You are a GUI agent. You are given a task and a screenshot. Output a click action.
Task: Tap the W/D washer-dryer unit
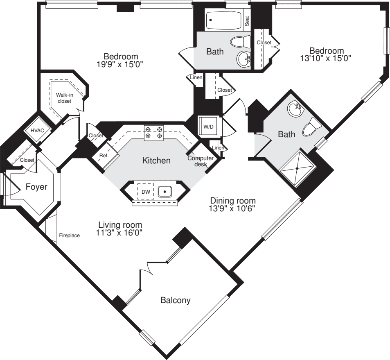(x=209, y=126)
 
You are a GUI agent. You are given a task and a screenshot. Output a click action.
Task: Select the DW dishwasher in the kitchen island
(x=146, y=191)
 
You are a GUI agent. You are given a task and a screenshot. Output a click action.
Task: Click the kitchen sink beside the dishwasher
(x=165, y=191)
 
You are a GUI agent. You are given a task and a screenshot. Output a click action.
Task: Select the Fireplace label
(x=69, y=235)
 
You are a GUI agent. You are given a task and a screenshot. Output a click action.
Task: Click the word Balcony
(x=175, y=300)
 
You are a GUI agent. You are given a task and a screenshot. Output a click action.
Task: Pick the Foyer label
(x=36, y=187)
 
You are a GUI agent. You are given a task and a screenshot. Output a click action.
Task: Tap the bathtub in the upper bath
(x=224, y=20)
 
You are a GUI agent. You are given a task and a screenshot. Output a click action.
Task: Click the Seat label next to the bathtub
(x=247, y=21)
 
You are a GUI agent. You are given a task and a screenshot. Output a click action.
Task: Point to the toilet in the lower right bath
(x=312, y=127)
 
